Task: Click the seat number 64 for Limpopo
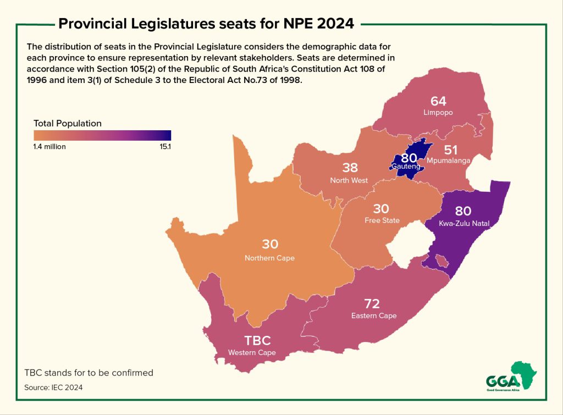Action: (x=438, y=101)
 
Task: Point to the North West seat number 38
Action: (x=350, y=168)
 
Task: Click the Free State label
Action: (x=382, y=220)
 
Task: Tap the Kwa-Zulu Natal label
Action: (x=464, y=223)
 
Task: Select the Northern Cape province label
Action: (x=269, y=258)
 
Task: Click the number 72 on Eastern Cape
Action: (x=373, y=303)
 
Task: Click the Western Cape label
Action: (x=252, y=352)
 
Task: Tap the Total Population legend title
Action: (x=68, y=123)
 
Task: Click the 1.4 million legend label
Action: (x=49, y=147)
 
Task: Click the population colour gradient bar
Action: (x=102, y=135)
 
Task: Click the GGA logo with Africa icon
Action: (x=511, y=377)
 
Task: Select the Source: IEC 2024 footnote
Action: (x=53, y=388)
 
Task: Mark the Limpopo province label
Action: (x=438, y=112)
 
